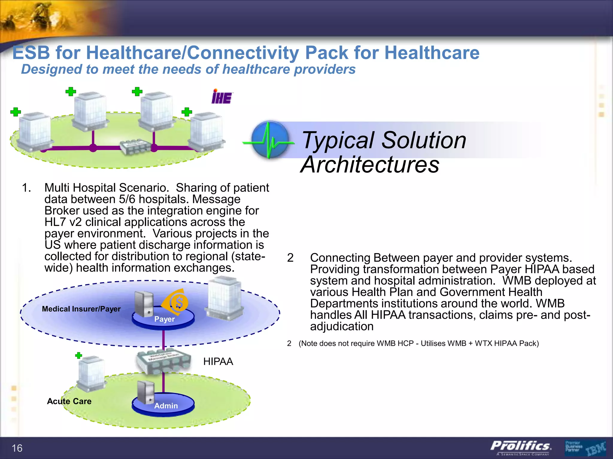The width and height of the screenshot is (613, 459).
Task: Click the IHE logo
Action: [222, 97]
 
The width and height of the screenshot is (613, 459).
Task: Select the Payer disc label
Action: [164, 319]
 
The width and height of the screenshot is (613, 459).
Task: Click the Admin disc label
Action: [166, 406]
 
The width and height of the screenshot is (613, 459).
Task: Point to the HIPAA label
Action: [218, 362]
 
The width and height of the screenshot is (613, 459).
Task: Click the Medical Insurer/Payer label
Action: [81, 309]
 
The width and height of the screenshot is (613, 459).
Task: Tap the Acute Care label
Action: [69, 401]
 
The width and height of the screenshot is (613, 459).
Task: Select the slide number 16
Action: [17, 448]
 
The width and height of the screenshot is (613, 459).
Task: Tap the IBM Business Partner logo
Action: [585, 448]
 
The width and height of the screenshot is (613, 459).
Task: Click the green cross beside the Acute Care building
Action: [79, 355]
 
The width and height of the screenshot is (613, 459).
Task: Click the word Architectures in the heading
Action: [370, 165]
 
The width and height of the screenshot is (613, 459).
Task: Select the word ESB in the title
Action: [31, 53]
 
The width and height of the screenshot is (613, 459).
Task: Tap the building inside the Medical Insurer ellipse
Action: [224, 298]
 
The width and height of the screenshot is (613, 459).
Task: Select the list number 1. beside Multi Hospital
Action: [26, 188]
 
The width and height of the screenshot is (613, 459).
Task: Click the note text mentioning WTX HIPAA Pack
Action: [418, 343]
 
